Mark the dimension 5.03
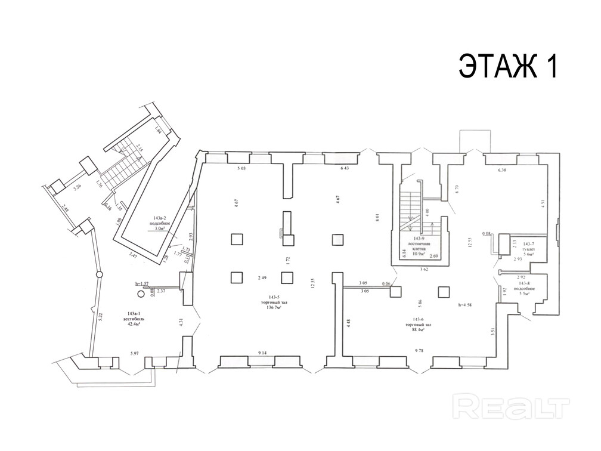(x=241, y=169)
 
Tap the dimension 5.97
(x=134, y=354)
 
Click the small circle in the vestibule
(x=141, y=294)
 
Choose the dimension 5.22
(x=101, y=317)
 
